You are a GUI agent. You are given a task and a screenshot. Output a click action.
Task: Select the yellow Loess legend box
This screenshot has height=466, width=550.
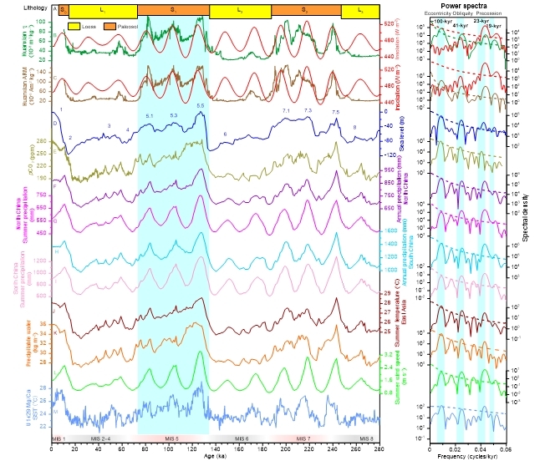(x=74, y=26)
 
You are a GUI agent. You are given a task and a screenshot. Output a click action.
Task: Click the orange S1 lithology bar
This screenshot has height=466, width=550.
(x=172, y=8)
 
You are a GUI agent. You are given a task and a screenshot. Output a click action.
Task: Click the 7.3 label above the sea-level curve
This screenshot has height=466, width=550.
(x=308, y=110)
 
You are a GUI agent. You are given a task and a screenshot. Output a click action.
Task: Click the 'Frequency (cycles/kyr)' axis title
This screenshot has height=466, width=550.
(x=466, y=458)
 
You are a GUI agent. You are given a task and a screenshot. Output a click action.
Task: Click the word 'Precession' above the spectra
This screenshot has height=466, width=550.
(x=490, y=14)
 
